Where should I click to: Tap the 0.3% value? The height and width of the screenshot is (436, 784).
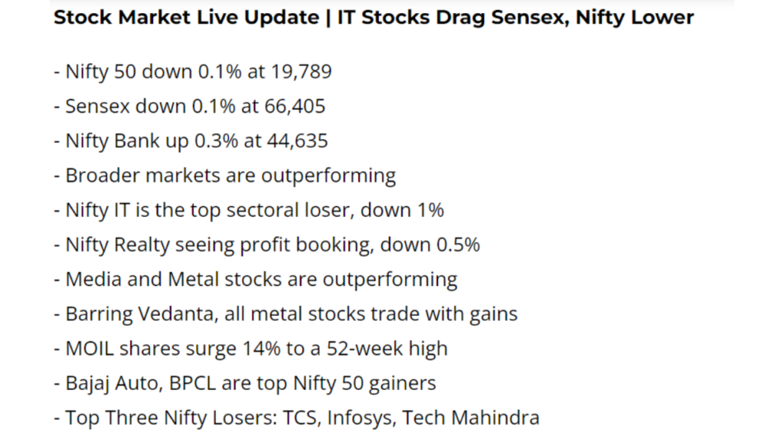point(217,142)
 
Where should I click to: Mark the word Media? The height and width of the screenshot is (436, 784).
point(93,280)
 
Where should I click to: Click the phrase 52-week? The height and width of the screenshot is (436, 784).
point(368,349)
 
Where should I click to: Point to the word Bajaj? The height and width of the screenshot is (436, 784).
point(90,383)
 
